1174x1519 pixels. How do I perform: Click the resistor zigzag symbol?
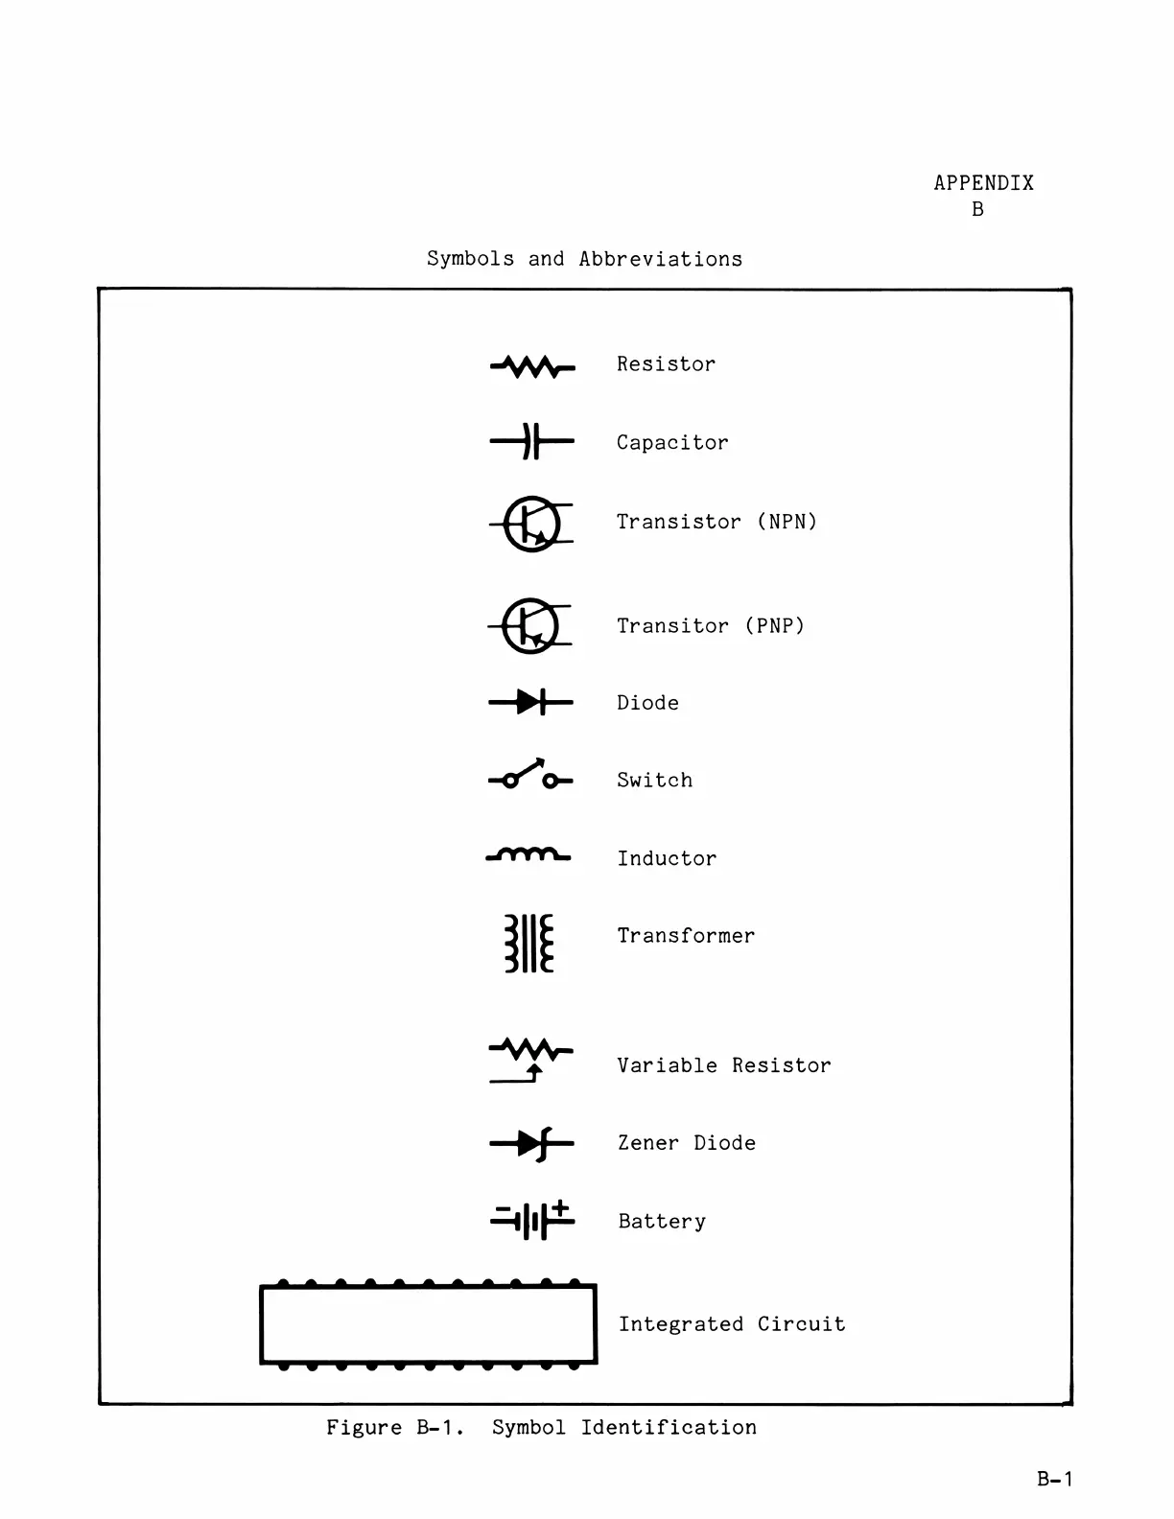pyautogui.click(x=532, y=366)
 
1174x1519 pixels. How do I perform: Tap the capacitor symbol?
pyautogui.click(x=531, y=442)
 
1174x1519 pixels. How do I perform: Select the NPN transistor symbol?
pyautogui.click(x=531, y=524)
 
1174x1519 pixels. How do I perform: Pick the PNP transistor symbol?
pyautogui.click(x=530, y=626)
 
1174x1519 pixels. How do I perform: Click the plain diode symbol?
pyautogui.click(x=530, y=703)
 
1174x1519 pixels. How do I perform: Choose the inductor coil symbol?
pyautogui.click(x=528, y=854)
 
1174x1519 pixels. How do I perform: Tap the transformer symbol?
pyautogui.click(x=529, y=944)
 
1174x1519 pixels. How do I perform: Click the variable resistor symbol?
pyautogui.click(x=530, y=1059)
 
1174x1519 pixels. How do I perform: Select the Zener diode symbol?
pyautogui.click(x=531, y=1143)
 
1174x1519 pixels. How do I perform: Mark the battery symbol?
pyautogui.click(x=531, y=1220)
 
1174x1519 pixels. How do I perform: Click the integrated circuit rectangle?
pyautogui.click(x=428, y=1324)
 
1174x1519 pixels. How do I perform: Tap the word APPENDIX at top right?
pyautogui.click(x=983, y=183)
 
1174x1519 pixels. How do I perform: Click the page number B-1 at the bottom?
pyautogui.click(x=1054, y=1479)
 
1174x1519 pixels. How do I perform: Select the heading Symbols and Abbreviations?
pyautogui.click(x=584, y=259)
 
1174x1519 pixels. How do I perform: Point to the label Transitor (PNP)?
pyautogui.click(x=710, y=626)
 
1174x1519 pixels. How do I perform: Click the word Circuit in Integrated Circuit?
pyautogui.click(x=801, y=1324)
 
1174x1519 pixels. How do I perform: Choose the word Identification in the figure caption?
pyautogui.click(x=669, y=1427)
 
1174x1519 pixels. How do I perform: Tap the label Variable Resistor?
pyautogui.click(x=723, y=1065)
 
